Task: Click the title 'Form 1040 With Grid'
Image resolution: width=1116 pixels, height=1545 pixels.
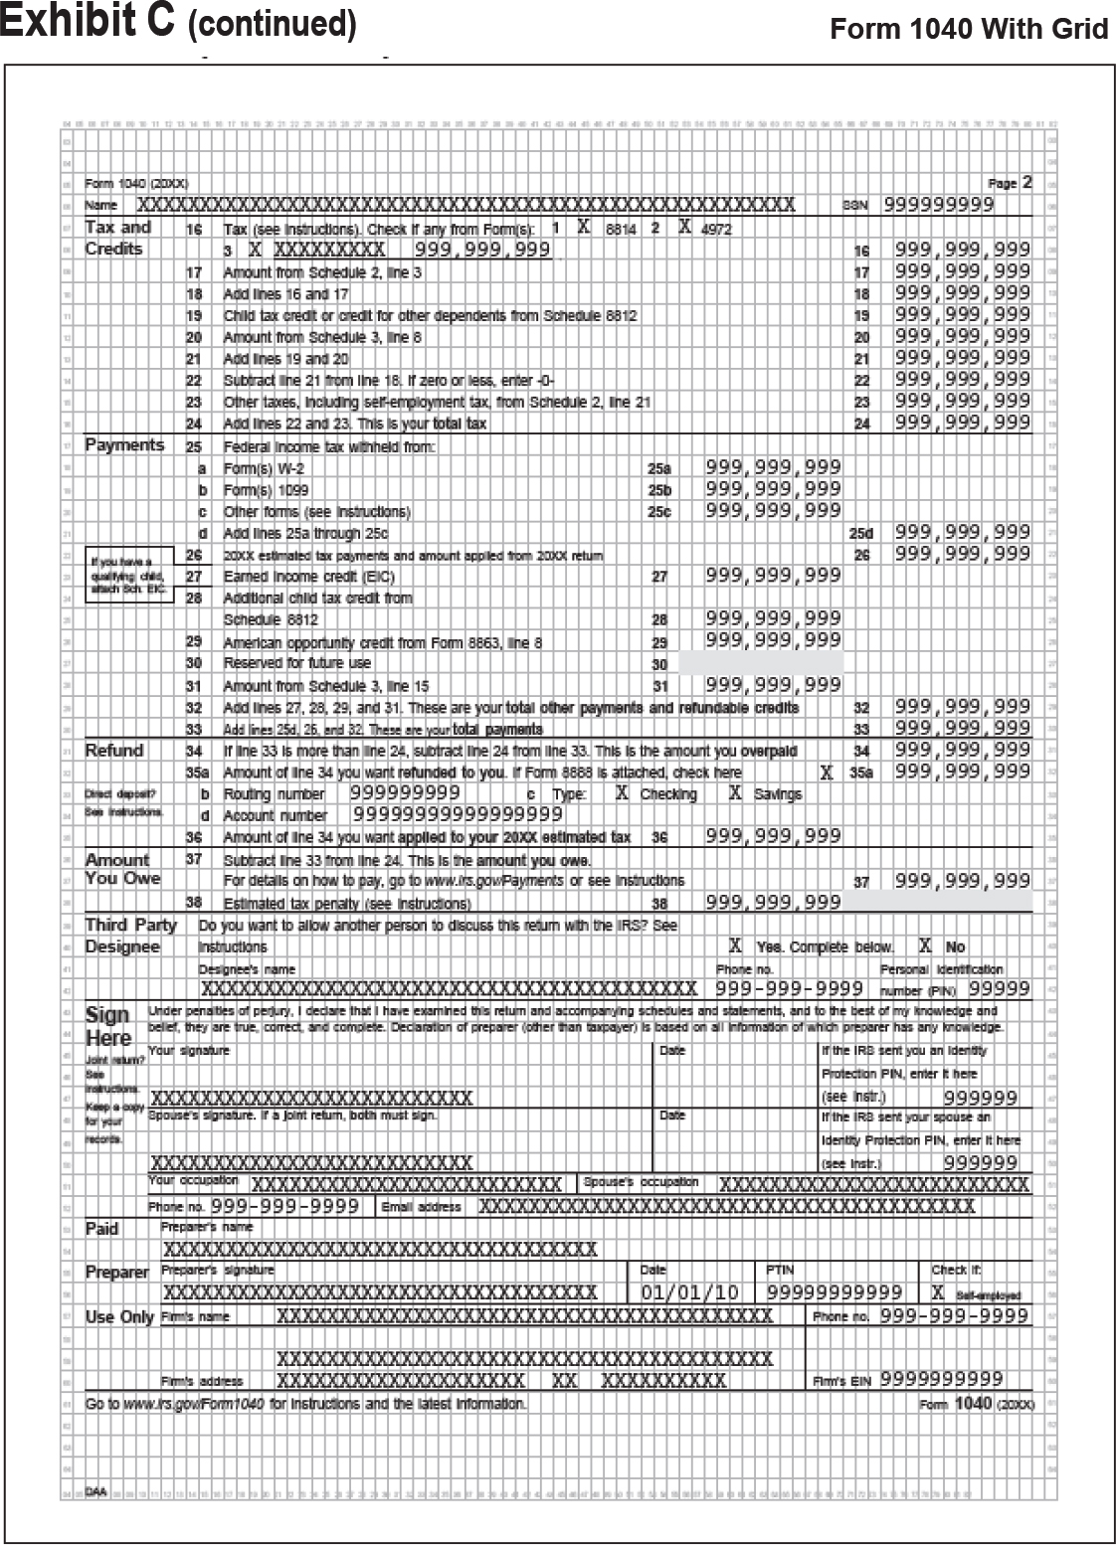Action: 969,29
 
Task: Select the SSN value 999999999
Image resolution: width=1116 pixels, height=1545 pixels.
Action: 938,205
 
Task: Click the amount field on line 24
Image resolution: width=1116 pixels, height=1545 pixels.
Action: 962,424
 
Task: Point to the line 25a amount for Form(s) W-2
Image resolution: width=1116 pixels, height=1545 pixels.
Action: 773,467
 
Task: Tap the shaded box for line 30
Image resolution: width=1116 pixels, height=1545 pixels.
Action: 761,663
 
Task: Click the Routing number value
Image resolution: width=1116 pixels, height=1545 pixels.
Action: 405,793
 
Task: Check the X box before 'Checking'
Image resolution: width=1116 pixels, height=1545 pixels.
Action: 623,793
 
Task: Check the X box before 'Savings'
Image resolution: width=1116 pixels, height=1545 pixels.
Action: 736,793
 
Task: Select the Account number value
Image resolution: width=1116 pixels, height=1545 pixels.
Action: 451,815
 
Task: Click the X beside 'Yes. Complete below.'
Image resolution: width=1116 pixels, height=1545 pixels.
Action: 736,946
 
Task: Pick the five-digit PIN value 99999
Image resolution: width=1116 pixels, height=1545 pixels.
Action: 1000,989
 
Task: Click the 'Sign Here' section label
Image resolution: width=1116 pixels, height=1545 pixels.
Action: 108,1026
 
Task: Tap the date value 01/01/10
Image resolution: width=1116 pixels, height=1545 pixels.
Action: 689,1293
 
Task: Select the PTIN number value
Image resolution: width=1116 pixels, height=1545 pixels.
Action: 835,1293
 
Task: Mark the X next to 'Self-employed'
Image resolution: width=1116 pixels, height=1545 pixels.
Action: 938,1293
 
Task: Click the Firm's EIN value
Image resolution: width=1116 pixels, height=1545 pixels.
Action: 941,1380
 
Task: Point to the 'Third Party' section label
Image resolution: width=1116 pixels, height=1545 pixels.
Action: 130,926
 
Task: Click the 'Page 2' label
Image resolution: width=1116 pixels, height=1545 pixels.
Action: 1010,183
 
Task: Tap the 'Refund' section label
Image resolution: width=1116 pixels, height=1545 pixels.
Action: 114,751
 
